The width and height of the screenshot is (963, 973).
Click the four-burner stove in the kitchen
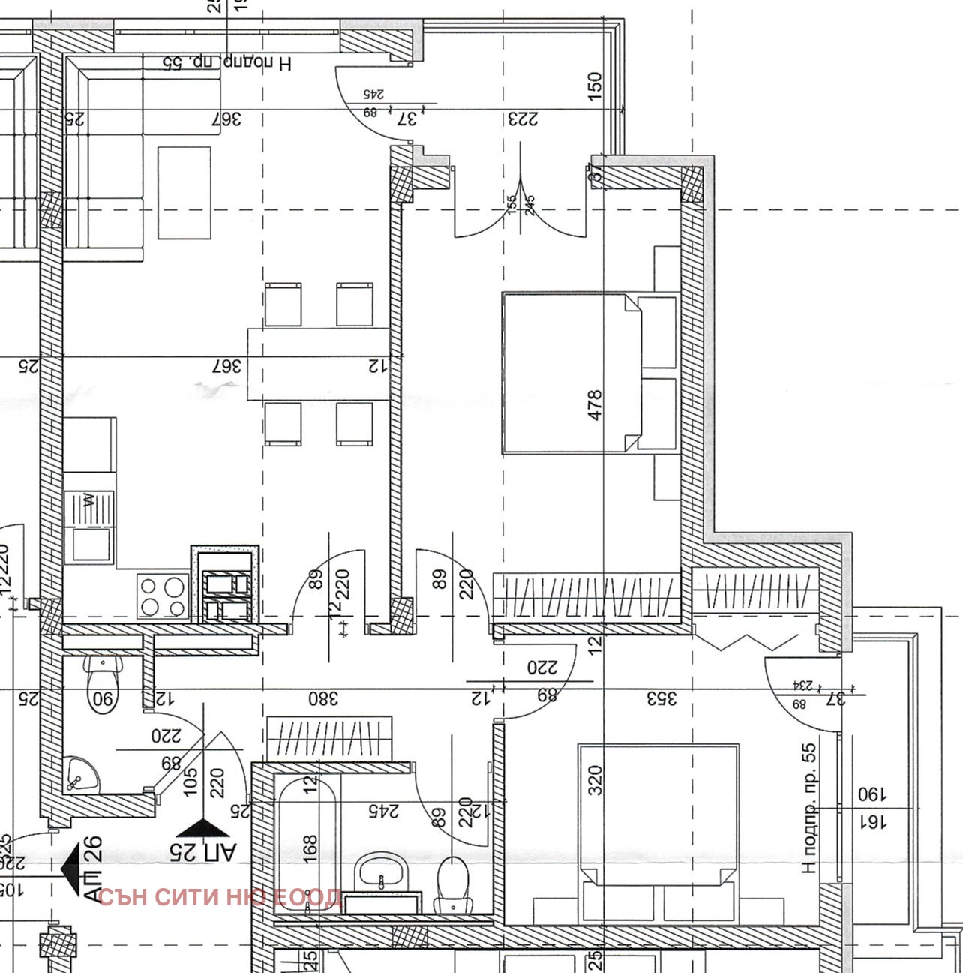click(x=162, y=596)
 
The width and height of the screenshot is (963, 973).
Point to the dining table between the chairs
click(x=319, y=364)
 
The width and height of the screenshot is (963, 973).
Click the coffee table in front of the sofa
click(x=184, y=193)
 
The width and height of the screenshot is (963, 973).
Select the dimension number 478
click(x=595, y=404)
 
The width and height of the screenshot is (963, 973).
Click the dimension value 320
click(x=595, y=781)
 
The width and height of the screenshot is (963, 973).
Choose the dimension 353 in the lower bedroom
click(x=663, y=698)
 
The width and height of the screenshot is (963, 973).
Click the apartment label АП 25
click(x=202, y=851)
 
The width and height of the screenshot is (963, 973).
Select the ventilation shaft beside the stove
click(x=225, y=584)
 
